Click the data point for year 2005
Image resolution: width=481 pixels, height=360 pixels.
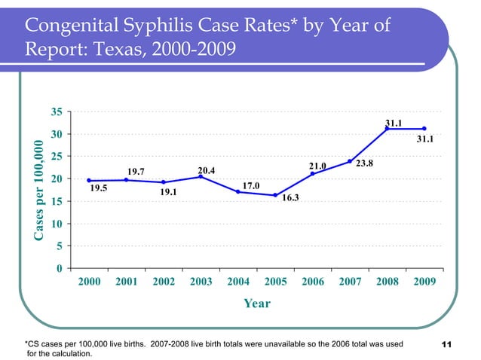point(275,195)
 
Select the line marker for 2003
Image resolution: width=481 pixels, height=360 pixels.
point(201,177)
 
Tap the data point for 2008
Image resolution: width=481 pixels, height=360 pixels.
point(388,129)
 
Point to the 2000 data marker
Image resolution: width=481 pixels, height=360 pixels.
point(89,181)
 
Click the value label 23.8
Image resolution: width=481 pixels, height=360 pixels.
point(365,163)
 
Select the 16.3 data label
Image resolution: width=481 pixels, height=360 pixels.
point(290,199)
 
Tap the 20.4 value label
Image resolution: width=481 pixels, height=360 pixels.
point(207,171)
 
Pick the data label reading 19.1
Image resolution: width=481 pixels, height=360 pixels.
point(168,193)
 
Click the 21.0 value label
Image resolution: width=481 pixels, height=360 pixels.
point(317,166)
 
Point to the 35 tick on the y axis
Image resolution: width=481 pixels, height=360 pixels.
point(57,112)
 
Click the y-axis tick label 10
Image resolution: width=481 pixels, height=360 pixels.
point(57,224)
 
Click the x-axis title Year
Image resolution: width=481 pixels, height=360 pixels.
point(256,304)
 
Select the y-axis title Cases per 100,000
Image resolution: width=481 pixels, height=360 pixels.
point(38,190)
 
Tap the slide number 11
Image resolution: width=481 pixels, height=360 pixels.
point(445,345)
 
